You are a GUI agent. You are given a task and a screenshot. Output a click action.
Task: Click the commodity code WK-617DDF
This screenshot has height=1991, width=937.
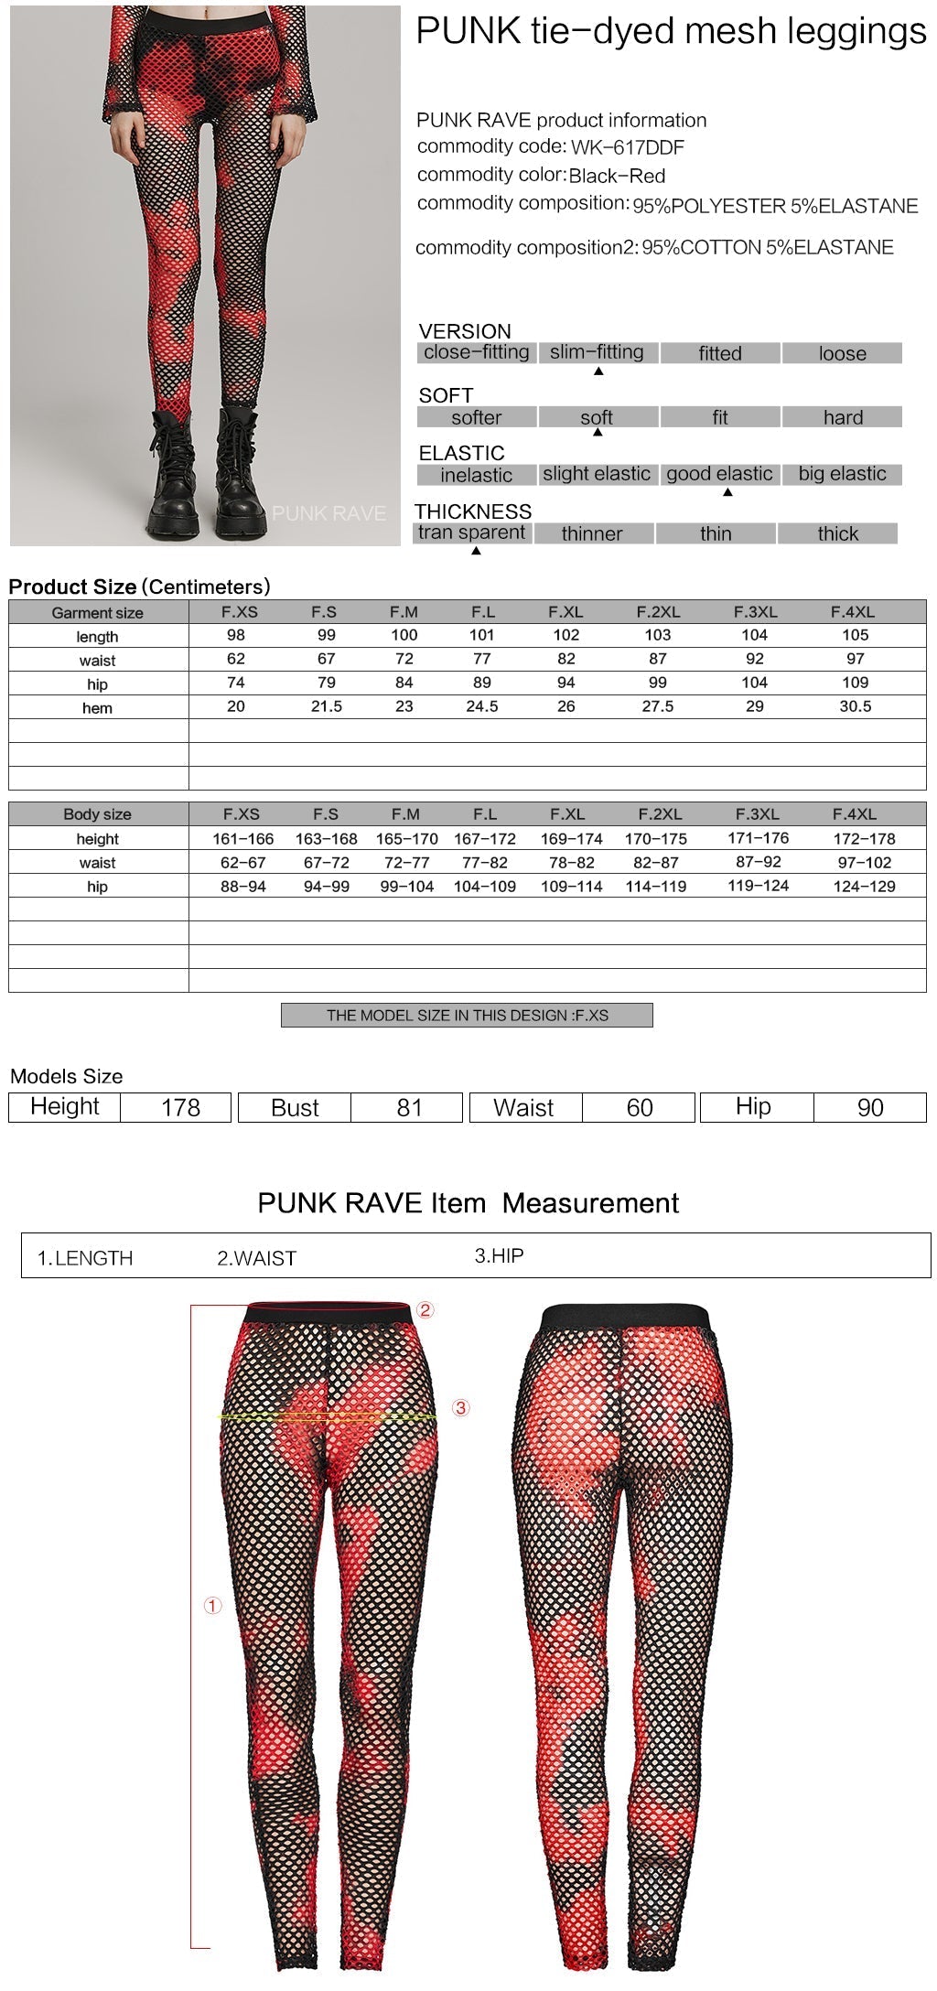click(627, 148)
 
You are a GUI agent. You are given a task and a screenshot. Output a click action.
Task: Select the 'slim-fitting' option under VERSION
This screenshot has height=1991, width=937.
click(598, 352)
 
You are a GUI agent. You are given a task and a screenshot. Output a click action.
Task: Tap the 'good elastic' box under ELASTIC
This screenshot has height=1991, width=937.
click(720, 474)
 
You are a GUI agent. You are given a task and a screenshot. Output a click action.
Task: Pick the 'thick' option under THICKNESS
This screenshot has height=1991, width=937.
click(837, 533)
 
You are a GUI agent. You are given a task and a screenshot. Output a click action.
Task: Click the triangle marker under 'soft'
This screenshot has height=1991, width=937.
click(598, 432)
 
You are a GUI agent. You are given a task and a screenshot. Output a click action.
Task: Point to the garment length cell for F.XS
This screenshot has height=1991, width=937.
click(236, 636)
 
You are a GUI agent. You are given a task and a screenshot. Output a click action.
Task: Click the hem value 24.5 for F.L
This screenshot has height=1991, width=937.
click(482, 706)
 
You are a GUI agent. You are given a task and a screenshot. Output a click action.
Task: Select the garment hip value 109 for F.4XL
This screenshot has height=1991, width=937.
click(856, 683)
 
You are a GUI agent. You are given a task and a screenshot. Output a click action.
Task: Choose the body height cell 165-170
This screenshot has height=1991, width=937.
click(406, 839)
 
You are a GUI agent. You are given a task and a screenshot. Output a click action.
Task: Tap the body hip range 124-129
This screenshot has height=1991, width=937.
click(864, 887)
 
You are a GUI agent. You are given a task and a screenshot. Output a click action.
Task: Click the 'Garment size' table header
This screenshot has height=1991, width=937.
click(98, 613)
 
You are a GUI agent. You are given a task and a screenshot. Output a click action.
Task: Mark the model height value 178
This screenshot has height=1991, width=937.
click(180, 1108)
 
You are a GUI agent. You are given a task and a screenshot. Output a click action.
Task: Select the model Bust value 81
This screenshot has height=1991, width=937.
click(409, 1108)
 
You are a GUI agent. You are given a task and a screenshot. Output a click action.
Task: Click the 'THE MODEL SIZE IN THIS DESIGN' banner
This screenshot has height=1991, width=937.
click(467, 1016)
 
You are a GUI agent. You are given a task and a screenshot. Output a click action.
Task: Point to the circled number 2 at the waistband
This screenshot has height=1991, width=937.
click(425, 1310)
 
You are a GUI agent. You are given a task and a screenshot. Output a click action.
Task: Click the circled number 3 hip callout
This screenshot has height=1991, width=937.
click(461, 1408)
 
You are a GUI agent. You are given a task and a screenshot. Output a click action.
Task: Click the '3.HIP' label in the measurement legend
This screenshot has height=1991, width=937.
click(499, 1256)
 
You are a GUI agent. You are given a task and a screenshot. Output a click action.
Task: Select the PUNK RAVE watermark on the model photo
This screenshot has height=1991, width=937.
click(328, 514)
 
